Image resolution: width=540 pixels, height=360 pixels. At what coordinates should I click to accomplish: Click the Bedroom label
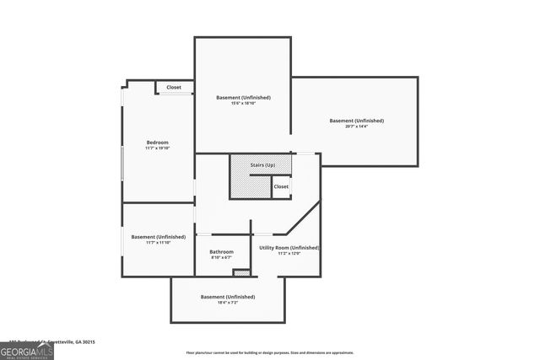[158, 142]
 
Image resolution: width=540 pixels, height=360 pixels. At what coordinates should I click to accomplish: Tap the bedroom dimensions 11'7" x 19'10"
[158, 148]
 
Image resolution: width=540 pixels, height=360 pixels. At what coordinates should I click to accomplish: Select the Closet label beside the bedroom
[174, 87]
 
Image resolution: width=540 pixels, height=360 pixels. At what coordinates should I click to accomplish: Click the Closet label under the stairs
[281, 186]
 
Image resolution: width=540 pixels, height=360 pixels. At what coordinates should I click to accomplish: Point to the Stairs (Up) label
[262, 165]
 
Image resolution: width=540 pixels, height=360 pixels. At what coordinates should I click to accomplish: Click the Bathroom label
[222, 251]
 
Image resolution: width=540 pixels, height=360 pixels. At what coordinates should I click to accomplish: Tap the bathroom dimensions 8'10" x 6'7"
[222, 258]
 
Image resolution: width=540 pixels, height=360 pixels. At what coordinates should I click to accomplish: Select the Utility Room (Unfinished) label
[289, 247]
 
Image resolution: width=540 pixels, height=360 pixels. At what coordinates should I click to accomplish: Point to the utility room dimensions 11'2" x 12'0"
[289, 254]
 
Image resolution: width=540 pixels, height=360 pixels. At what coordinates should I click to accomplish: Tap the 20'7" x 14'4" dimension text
[356, 127]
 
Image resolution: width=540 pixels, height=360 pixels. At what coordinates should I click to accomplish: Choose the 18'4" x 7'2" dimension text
[228, 304]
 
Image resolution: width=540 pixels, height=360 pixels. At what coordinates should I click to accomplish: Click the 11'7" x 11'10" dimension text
[158, 244]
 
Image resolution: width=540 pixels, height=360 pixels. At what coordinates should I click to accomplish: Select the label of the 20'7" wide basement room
[356, 121]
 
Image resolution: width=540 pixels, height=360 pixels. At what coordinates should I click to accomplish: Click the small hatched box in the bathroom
[241, 272]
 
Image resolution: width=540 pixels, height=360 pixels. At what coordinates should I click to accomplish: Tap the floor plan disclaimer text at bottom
[270, 353]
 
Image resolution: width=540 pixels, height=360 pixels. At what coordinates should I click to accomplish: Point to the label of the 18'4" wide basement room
[228, 297]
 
